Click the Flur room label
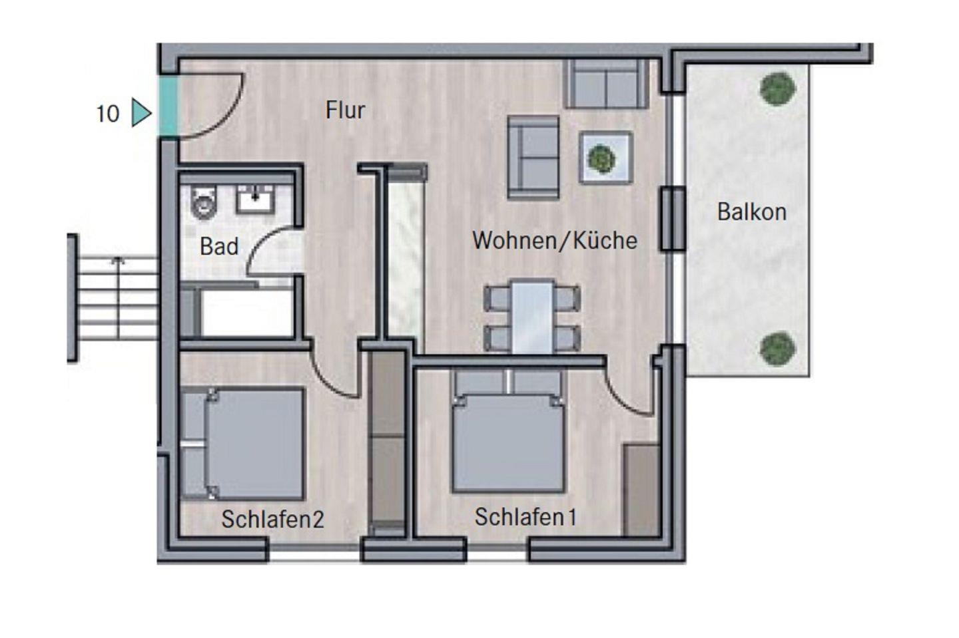[x=345, y=110]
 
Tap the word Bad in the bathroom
[x=219, y=246]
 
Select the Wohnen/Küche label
[x=554, y=240]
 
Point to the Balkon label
[x=752, y=212]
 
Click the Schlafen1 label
[x=525, y=516]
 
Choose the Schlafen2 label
[x=273, y=519]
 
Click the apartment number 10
[x=107, y=114]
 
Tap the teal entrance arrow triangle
[x=141, y=112]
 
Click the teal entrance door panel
[x=168, y=106]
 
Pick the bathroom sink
[x=255, y=198]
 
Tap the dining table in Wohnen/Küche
[x=533, y=317]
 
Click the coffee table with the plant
[x=606, y=158]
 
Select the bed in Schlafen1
[x=508, y=432]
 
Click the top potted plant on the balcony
[x=777, y=88]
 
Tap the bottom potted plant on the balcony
[x=777, y=349]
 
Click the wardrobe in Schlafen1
[x=641, y=490]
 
